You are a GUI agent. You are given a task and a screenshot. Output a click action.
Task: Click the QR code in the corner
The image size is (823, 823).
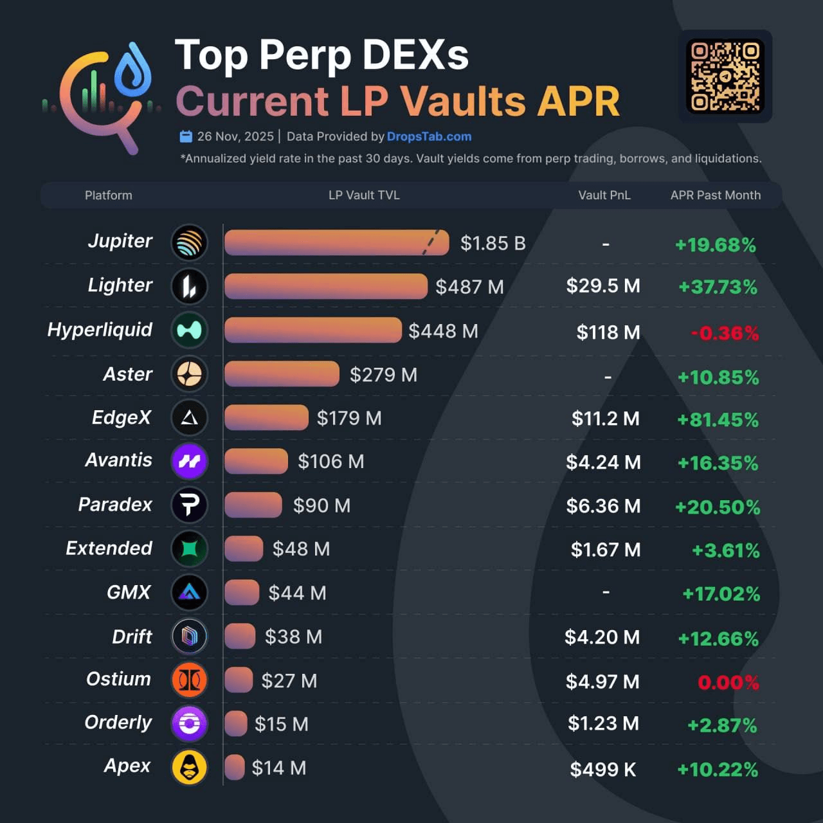tap(725, 76)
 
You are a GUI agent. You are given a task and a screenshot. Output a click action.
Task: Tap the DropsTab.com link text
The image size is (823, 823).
tap(429, 136)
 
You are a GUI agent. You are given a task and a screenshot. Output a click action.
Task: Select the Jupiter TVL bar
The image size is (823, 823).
tap(336, 243)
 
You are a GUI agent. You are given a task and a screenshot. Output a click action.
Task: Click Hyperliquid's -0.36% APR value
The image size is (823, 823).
tap(725, 333)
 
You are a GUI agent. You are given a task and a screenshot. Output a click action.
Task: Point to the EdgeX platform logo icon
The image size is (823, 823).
tap(190, 418)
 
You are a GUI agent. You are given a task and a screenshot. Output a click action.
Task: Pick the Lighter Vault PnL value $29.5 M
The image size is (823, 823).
tap(603, 286)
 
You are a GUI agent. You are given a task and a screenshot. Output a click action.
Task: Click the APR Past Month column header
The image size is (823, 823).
tap(715, 195)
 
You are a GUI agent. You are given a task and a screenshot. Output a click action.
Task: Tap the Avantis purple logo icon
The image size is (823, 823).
tap(190, 461)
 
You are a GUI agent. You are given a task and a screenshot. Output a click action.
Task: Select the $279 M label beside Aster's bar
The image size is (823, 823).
tap(383, 375)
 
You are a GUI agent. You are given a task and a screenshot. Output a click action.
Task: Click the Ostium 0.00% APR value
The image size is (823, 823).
tap(728, 682)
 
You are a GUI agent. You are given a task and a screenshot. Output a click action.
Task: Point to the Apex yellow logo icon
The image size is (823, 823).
tap(190, 767)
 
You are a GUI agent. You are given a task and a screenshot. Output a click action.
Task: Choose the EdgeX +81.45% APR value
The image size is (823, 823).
tap(718, 420)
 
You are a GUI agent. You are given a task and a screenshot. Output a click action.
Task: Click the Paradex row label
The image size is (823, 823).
tap(115, 505)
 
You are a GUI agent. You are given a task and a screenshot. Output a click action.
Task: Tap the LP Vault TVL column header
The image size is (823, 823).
tap(364, 195)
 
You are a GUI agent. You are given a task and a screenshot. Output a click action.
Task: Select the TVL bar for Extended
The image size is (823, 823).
tap(244, 548)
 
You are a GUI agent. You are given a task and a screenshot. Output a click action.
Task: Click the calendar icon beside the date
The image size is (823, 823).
tap(186, 136)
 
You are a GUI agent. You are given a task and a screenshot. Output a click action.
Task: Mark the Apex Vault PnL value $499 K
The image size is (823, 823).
tap(603, 769)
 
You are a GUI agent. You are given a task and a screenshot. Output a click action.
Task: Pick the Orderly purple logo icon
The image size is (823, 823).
tap(190, 723)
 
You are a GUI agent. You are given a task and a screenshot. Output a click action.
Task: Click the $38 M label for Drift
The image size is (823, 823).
tap(293, 637)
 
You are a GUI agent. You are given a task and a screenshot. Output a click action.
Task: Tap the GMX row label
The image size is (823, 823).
tap(129, 592)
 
